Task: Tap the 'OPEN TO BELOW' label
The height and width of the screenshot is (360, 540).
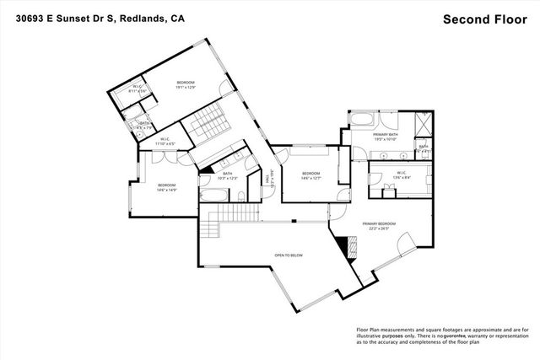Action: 289,254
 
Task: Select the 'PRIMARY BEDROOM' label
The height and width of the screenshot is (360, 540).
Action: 381,224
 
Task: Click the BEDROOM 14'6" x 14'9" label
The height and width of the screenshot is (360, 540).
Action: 166,186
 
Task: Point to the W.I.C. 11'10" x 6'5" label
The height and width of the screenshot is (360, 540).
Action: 164,142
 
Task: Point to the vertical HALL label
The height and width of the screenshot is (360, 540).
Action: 267,179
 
